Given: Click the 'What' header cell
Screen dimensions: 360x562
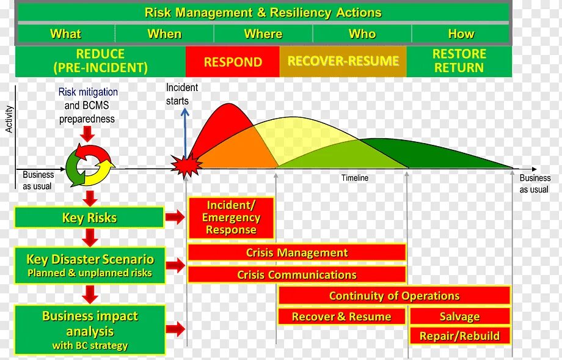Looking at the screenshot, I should click(x=65, y=34).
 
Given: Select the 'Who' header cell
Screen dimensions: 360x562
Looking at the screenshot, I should click(x=362, y=34).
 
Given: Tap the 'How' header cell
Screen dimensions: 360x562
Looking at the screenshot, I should click(x=461, y=34).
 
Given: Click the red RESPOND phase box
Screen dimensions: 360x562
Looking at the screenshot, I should click(x=233, y=62).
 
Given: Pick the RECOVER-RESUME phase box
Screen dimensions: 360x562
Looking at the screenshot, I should click(x=343, y=62).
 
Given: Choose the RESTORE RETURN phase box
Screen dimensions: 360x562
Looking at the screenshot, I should click(x=459, y=61).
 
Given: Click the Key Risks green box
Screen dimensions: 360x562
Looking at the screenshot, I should click(x=89, y=218).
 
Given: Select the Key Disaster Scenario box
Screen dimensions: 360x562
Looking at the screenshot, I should click(x=90, y=265).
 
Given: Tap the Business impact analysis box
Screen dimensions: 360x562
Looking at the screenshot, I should click(x=90, y=330).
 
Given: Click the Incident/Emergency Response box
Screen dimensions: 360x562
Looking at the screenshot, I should click(x=231, y=218).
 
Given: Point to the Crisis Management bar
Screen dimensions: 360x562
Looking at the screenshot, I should click(x=297, y=252).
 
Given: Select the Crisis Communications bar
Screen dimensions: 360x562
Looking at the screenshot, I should click(x=297, y=274).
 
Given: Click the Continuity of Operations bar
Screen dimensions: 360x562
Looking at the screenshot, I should click(x=394, y=296).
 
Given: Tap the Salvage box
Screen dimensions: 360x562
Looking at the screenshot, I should click(x=459, y=317).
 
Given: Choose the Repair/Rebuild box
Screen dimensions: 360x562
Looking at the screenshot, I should click(x=459, y=336).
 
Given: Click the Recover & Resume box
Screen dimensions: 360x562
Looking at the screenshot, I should click(x=341, y=317).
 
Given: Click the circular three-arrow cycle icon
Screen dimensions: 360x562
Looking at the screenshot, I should click(x=90, y=164).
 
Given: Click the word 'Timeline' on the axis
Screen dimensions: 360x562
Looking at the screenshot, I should click(x=355, y=178).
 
